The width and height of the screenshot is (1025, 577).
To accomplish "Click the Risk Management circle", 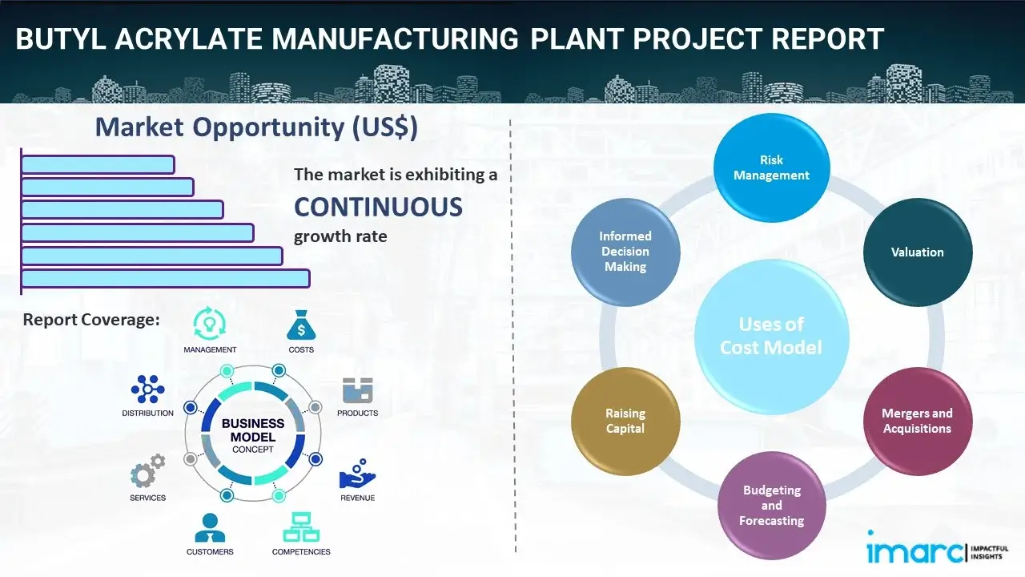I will click(x=771, y=168).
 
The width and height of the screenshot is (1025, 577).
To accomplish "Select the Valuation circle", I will click(x=917, y=252).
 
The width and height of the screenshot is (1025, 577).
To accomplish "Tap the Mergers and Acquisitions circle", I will click(x=917, y=421).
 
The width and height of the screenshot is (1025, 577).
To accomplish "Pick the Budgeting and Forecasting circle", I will click(x=771, y=505).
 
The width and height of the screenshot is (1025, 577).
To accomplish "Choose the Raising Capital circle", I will click(x=625, y=421).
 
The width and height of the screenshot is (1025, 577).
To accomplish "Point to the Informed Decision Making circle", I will click(x=625, y=252).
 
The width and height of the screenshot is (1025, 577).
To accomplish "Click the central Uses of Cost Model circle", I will click(x=771, y=336).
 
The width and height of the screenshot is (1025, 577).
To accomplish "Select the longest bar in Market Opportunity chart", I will click(x=165, y=278).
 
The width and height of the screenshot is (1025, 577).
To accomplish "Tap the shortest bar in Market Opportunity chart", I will click(x=98, y=164).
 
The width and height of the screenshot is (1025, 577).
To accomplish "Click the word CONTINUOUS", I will click(x=378, y=208).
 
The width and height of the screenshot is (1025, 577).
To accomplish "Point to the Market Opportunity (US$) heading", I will click(x=256, y=127).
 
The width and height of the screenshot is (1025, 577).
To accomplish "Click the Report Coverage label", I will click(x=91, y=320).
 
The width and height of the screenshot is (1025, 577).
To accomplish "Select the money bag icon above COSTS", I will click(x=301, y=325).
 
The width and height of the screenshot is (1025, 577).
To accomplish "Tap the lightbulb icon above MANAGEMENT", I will click(x=210, y=324).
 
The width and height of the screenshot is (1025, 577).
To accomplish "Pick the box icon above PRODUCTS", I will click(x=358, y=390).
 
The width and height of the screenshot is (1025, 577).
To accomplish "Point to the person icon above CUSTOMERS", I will click(x=210, y=527).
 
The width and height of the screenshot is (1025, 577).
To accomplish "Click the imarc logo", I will click(x=913, y=551).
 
